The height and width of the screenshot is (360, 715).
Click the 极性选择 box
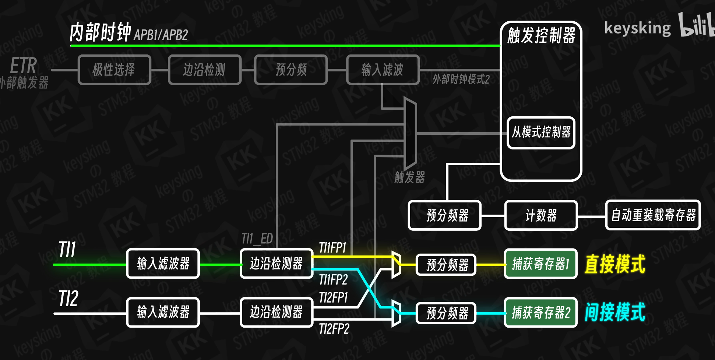click(114, 70)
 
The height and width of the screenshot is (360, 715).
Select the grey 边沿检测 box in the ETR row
click(204, 70)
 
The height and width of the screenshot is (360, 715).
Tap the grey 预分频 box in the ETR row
click(291, 70)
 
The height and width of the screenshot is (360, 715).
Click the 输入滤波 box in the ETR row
click(383, 70)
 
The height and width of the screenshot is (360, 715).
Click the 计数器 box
click(541, 215)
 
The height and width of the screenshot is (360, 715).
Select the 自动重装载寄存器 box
click(653, 215)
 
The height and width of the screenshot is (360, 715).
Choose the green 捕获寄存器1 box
click(540, 264)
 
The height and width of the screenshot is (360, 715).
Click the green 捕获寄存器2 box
click(540, 313)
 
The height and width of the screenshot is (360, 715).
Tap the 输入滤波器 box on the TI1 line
click(163, 264)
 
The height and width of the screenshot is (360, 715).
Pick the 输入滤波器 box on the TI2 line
click(163, 312)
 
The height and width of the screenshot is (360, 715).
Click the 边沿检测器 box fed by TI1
click(276, 264)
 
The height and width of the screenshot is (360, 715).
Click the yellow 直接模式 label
click(615, 264)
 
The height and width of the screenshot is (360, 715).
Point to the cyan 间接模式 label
click(615, 312)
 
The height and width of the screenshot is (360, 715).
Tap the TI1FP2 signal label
click(333, 280)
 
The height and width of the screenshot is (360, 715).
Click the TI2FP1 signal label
click(333, 297)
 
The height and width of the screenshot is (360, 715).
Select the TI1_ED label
click(257, 239)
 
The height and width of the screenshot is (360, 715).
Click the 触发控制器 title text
click(541, 35)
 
